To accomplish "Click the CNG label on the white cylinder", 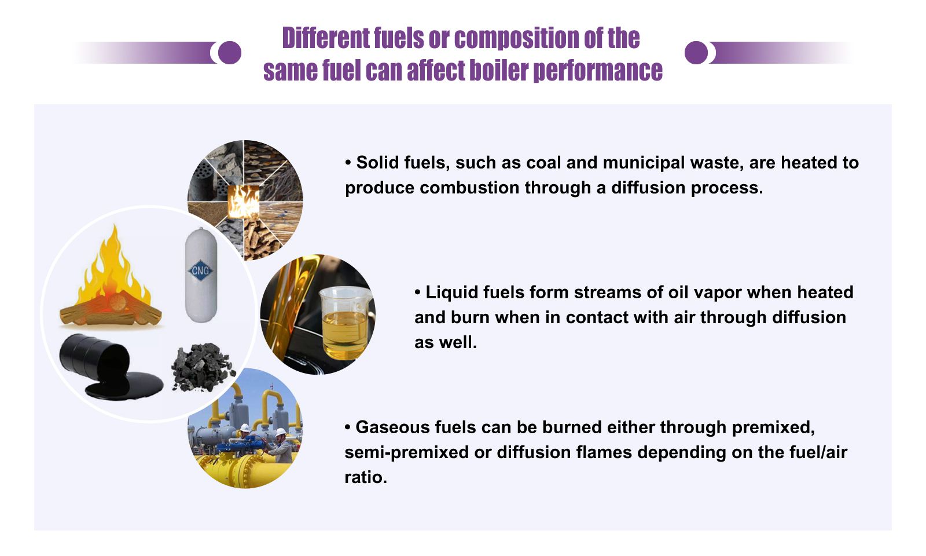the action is (x=200, y=270).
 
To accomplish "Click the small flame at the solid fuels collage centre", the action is (x=244, y=202).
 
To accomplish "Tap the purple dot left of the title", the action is (x=229, y=53).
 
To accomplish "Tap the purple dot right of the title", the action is (x=696, y=53).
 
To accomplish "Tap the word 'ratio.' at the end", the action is (x=365, y=477).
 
